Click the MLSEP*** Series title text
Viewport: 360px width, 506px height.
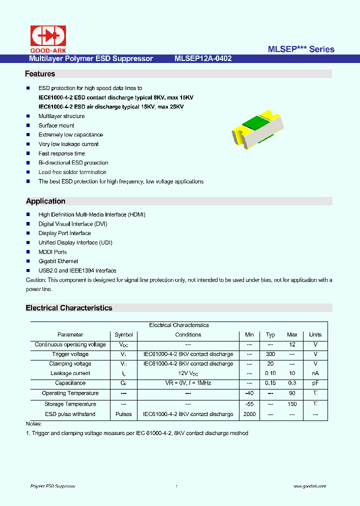point(301,49)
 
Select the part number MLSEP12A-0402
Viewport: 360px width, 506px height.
point(203,58)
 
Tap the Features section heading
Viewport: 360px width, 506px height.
point(40,74)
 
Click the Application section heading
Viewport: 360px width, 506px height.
point(45,201)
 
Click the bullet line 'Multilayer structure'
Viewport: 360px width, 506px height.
point(61,116)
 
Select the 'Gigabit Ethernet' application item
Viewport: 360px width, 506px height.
point(58,261)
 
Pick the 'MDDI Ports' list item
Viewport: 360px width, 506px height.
point(52,252)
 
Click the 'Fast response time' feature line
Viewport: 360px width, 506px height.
point(61,153)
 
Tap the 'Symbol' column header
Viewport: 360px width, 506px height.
point(123,334)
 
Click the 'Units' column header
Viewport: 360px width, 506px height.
point(315,334)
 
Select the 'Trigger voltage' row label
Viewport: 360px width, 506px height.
point(70,354)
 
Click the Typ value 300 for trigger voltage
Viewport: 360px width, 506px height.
point(270,354)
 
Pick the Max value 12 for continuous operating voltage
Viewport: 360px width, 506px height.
point(292,344)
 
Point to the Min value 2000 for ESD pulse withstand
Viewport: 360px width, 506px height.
point(249,414)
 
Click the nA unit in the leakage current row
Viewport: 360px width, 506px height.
point(315,373)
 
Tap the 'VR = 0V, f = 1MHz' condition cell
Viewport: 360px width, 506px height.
point(188,383)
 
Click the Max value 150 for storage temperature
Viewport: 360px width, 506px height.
point(292,404)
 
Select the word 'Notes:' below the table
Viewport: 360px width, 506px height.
point(33,423)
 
